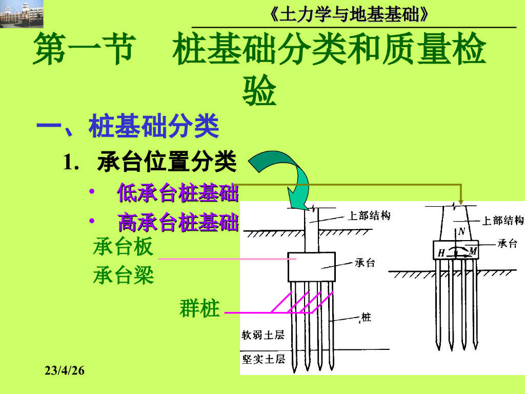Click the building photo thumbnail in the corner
pos(22,14)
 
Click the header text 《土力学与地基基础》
pos(349,15)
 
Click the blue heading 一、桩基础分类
pos(128,127)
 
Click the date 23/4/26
pos(65,370)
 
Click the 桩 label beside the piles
pos(366,318)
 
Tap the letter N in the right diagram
pos(461,232)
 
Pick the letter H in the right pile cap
pos(441,252)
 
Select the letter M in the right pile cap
pos(473,251)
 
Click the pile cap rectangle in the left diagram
pos(312,267)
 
